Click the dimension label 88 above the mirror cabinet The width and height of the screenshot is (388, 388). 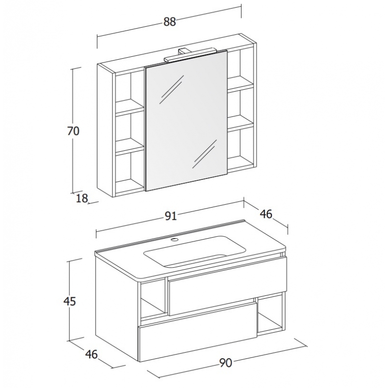pyautogui.click(x=169, y=22)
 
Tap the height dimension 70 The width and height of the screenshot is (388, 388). pyautogui.click(x=73, y=131)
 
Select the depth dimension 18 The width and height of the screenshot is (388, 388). pyautogui.click(x=82, y=198)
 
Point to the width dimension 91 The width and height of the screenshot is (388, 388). pyautogui.click(x=171, y=216)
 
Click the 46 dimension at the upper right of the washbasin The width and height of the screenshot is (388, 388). pyautogui.click(x=266, y=214)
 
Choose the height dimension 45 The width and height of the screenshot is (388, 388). pyautogui.click(x=69, y=301)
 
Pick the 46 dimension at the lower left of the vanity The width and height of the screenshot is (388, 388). pyautogui.click(x=92, y=355)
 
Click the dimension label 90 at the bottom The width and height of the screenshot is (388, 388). pyautogui.click(x=226, y=363)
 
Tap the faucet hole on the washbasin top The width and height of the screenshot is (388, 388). pyautogui.click(x=175, y=239)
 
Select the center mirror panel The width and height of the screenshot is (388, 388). pyautogui.click(x=186, y=121)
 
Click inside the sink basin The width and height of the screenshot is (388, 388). pyautogui.click(x=195, y=251)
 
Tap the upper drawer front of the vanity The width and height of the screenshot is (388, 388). pyautogui.click(x=227, y=286)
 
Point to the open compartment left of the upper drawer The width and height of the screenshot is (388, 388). pyautogui.click(x=152, y=299)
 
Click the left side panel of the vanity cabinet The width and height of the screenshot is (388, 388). pyautogui.click(x=117, y=307)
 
